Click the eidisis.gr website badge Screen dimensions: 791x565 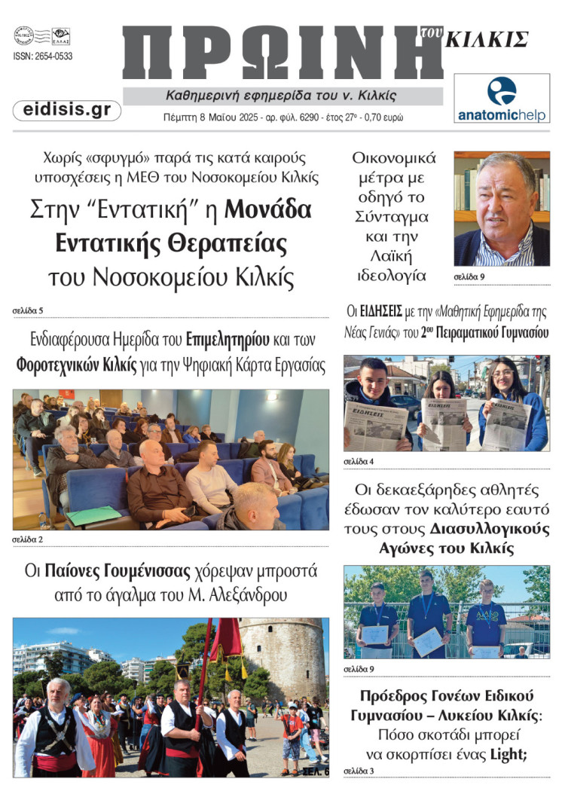[x=67, y=111]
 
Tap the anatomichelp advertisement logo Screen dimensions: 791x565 [x=502, y=99]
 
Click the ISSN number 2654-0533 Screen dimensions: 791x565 [x=43, y=56]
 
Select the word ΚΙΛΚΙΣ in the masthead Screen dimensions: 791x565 [x=486, y=39]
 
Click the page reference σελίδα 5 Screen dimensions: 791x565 [x=28, y=310]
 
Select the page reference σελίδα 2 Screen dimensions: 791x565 [x=28, y=539]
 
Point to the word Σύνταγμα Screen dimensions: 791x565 [x=391, y=216]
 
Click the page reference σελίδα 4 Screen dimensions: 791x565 [x=359, y=460]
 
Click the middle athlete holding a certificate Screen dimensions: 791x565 [x=428, y=621]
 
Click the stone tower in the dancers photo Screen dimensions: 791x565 [x=284, y=655]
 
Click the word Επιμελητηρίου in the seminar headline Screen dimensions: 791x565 [x=227, y=338]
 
